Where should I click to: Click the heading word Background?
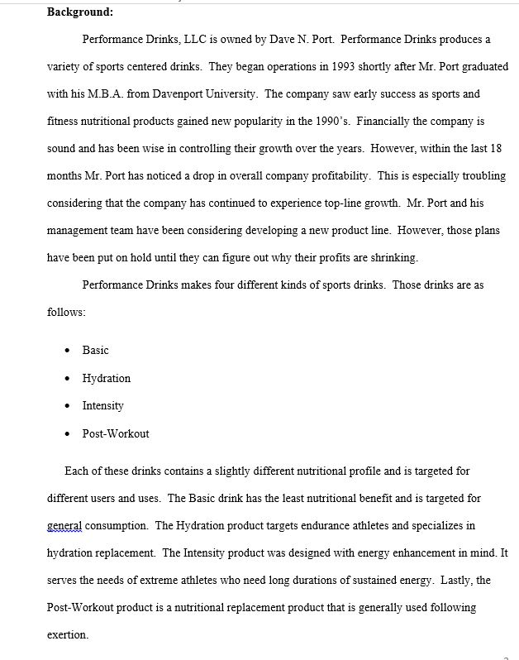coord(79,12)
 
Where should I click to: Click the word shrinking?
coord(392,257)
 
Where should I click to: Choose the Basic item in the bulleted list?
coord(96,351)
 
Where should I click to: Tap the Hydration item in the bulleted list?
coord(106,379)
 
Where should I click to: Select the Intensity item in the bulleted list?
coord(102,406)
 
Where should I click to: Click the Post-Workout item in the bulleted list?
coord(116,434)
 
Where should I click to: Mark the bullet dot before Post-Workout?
coord(67,434)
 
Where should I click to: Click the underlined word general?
coord(64,526)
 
